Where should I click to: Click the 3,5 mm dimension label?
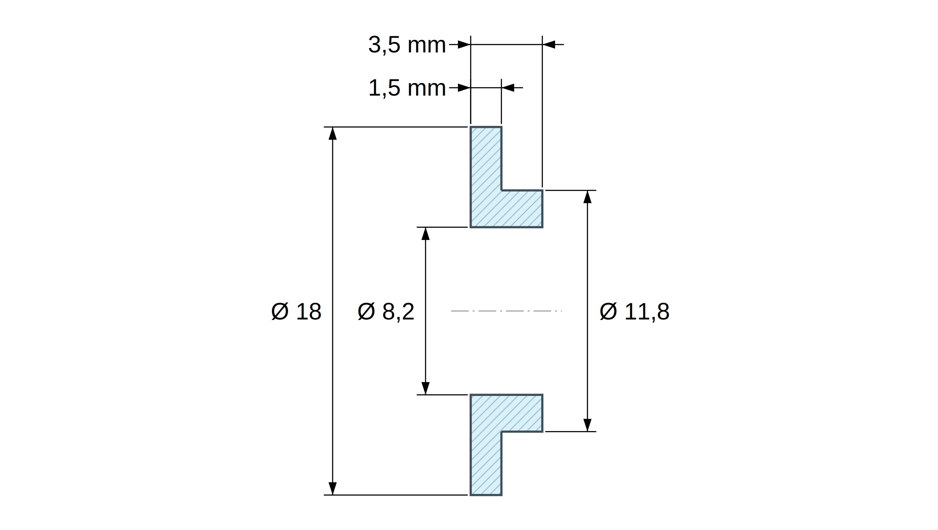[407, 45]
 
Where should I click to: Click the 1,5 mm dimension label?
[407, 88]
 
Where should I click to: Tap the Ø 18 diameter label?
[296, 311]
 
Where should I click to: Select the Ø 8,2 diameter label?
[386, 311]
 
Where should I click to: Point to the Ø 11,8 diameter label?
[634, 311]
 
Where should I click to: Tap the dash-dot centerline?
[507, 311]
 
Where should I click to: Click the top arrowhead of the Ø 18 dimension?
[332, 133]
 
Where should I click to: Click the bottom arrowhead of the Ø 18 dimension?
[332, 488]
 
